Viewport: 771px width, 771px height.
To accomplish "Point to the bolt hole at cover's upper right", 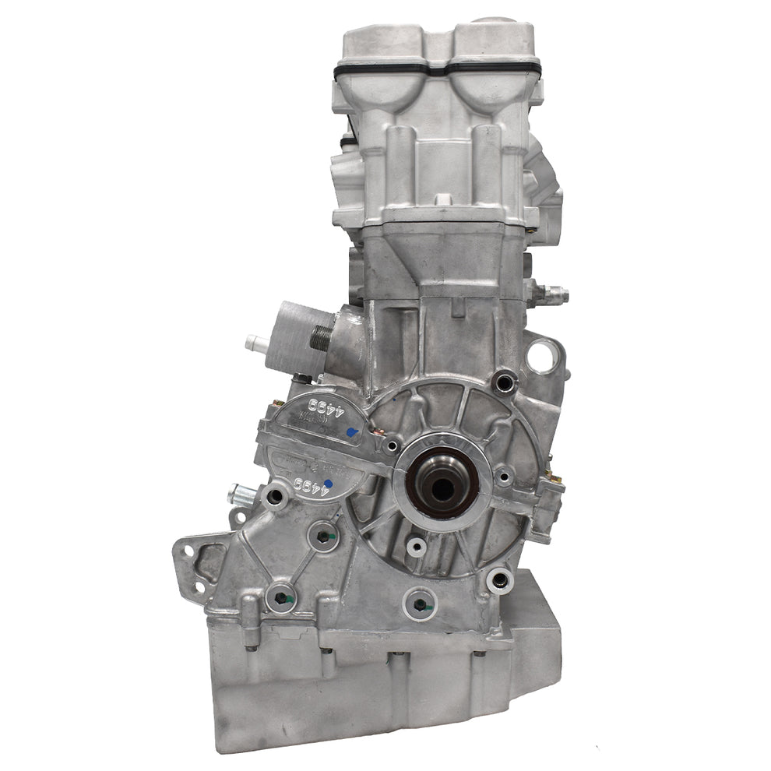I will (x=504, y=381).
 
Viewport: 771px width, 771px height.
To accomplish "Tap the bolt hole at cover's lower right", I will (x=499, y=579).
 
